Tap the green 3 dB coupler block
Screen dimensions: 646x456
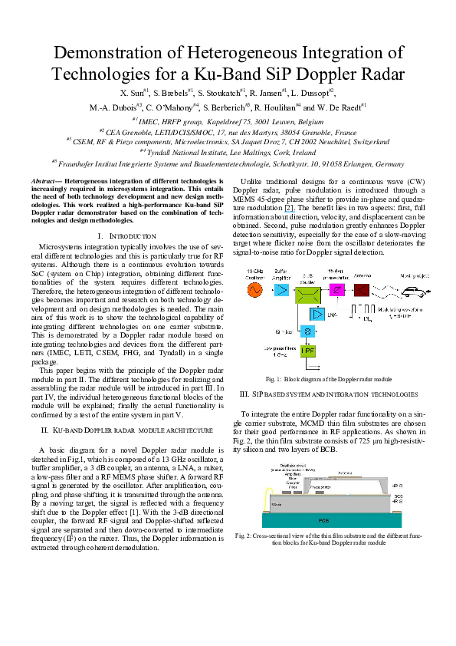[306, 289]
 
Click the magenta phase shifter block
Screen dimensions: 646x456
[335, 289]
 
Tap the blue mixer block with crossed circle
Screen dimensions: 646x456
[306, 331]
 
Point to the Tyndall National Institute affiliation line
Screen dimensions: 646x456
[228, 153]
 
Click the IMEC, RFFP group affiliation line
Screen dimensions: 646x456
[228, 120]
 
